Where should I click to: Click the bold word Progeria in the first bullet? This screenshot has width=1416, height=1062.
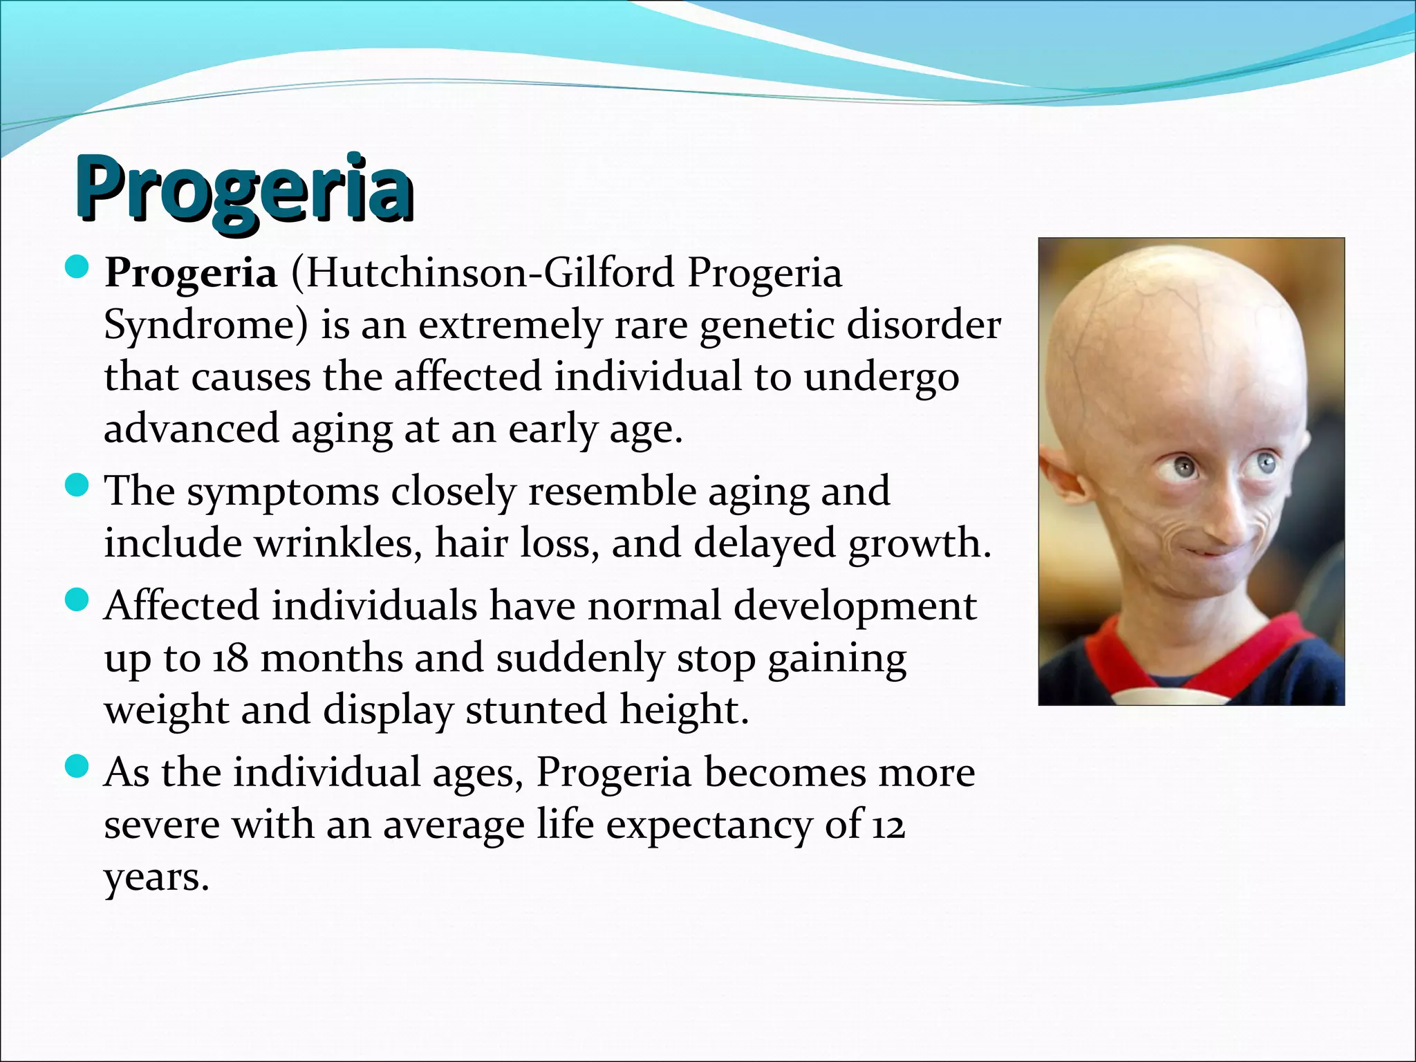point(190,274)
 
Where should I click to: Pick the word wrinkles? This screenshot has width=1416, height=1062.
point(338,543)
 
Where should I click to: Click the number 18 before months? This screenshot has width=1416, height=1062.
point(230,658)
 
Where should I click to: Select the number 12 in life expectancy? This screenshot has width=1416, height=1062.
point(888,825)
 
